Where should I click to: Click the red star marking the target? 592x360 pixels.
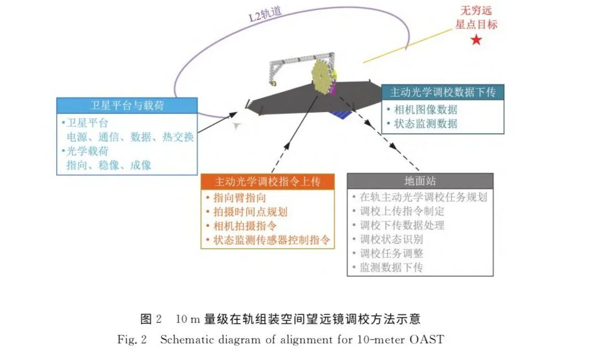(476, 39)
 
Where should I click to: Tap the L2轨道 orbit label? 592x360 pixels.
(265, 14)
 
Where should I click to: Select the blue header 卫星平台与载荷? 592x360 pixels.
(127, 106)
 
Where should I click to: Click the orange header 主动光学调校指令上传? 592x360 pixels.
(267, 182)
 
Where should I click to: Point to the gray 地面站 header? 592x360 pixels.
(420, 181)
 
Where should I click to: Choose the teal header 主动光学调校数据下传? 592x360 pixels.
(443, 92)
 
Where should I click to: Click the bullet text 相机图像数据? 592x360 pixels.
(425, 109)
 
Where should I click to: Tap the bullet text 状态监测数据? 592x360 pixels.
(425, 123)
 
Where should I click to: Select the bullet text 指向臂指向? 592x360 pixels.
(239, 198)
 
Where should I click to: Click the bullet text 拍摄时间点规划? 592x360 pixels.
(250, 212)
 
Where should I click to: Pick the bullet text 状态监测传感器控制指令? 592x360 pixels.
(272, 240)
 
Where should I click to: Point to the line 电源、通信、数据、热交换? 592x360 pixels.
(131, 137)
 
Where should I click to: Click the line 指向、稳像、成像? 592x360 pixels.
(109, 165)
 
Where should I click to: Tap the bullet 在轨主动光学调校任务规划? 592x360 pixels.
(423, 197)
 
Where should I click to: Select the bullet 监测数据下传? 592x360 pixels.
(391, 267)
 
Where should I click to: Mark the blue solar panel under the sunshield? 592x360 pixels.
(340, 114)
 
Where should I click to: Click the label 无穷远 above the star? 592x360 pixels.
(476, 10)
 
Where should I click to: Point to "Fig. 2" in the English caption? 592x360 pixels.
(132, 339)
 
